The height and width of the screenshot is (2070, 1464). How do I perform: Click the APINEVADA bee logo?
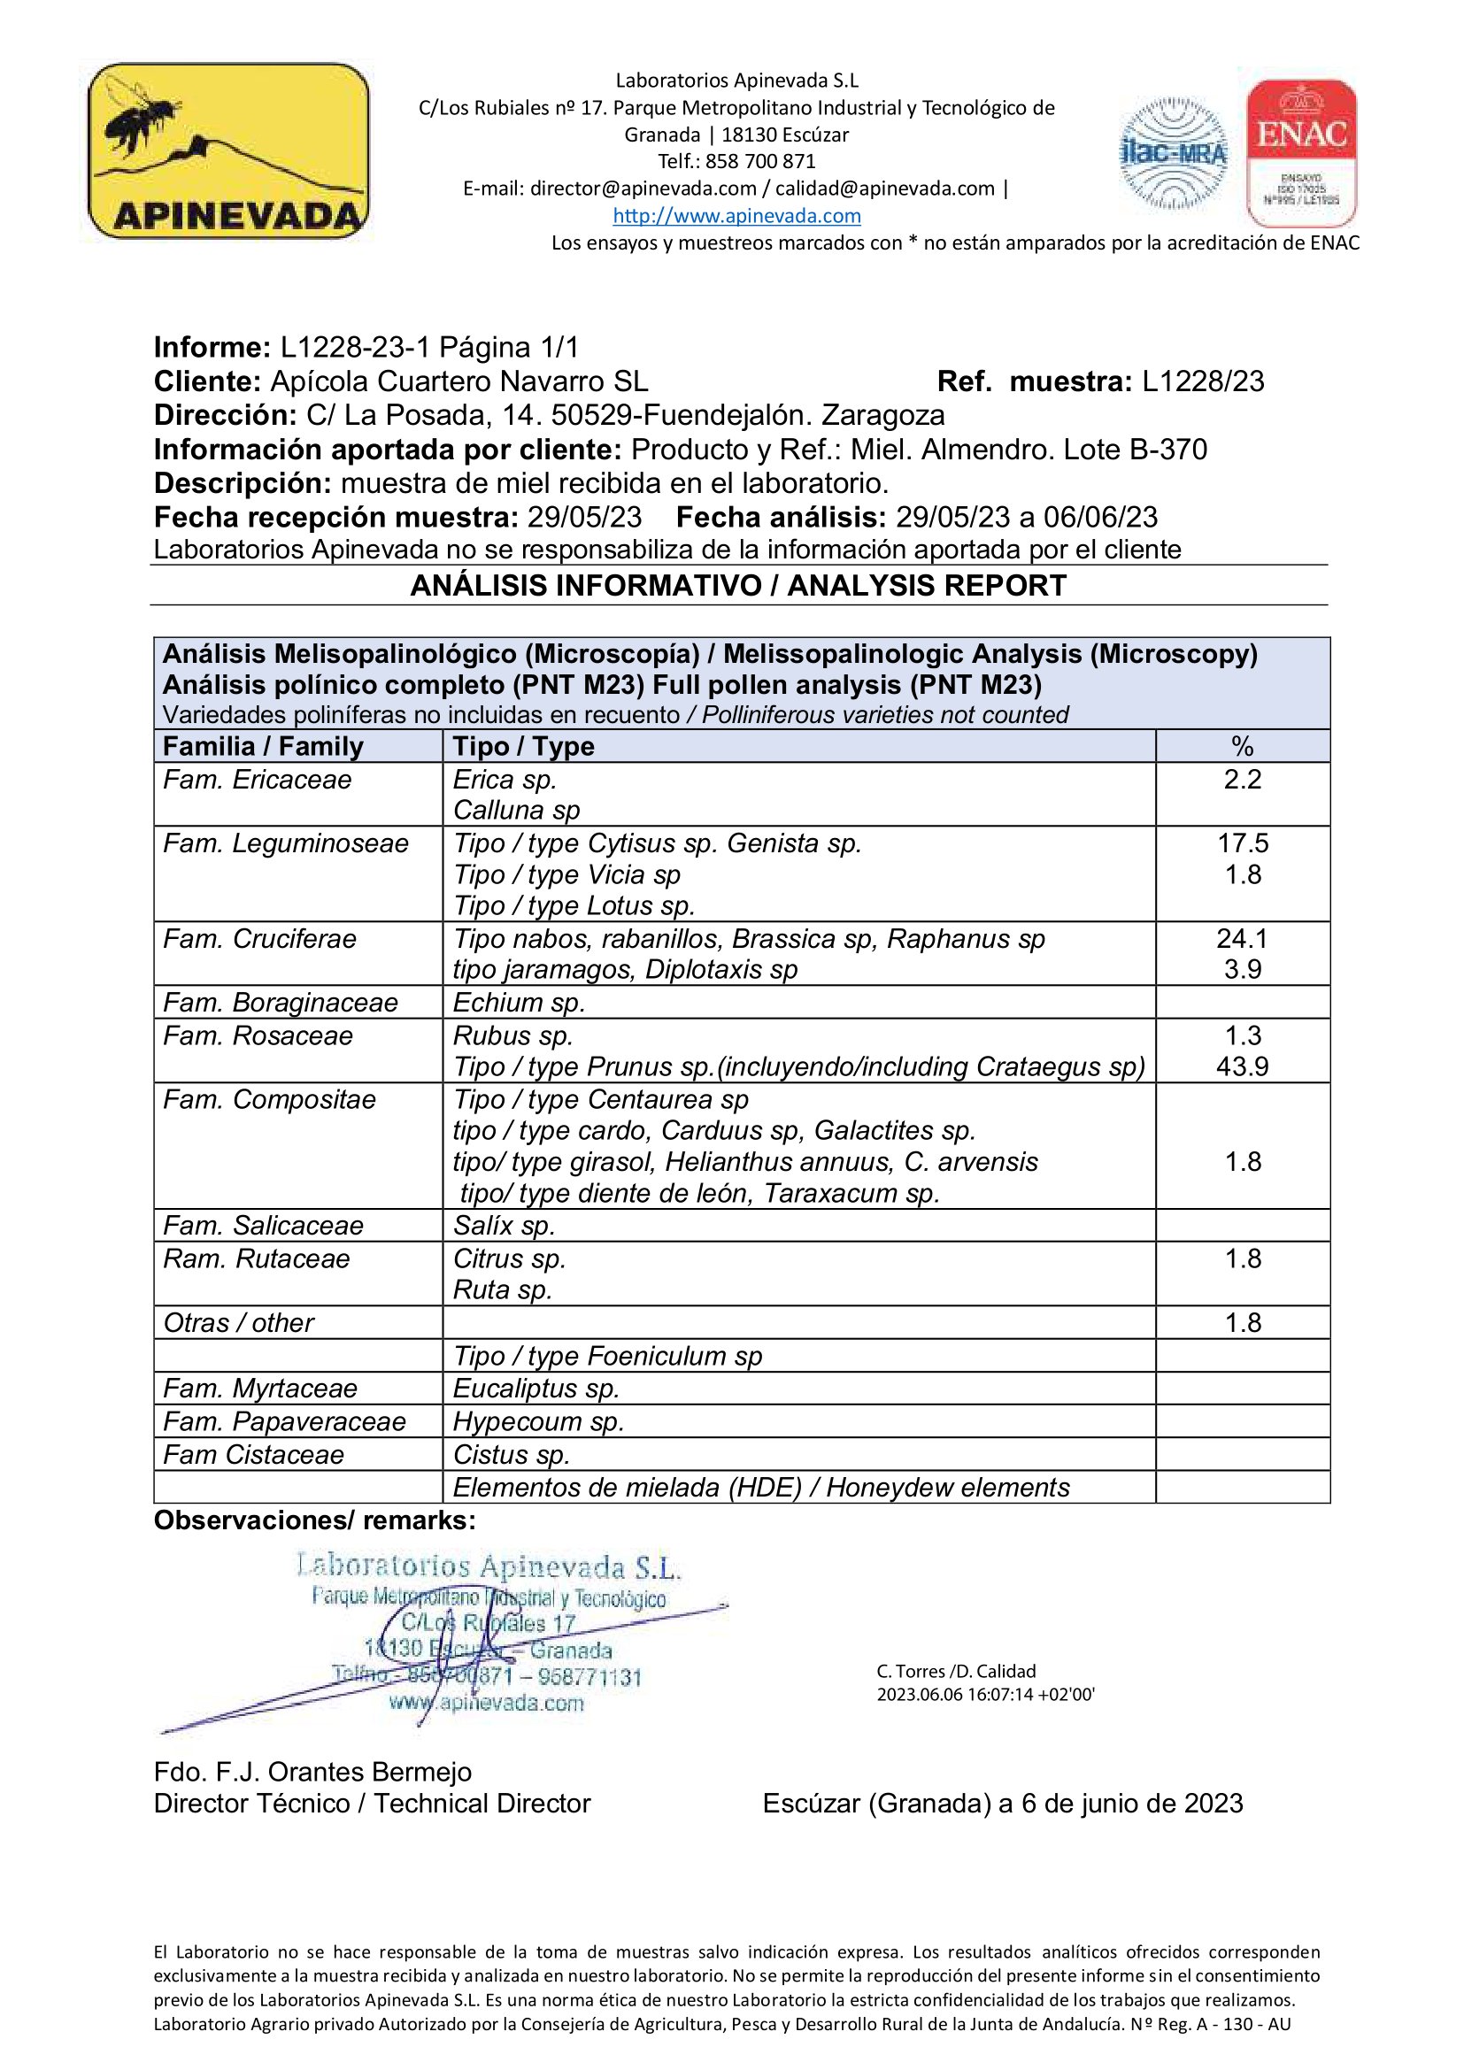click(228, 150)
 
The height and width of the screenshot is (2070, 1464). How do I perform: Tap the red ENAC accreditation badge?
click(1301, 152)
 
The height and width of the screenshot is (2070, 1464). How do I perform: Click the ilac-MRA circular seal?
click(1173, 154)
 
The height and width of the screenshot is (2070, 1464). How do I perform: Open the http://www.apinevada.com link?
click(736, 215)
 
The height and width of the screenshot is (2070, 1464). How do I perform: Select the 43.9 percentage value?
click(1242, 1066)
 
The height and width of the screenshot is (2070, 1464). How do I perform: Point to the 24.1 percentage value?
click(1242, 938)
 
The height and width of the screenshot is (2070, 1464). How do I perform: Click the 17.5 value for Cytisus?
click(1242, 843)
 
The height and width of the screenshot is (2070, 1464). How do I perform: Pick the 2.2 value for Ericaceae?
click(1242, 779)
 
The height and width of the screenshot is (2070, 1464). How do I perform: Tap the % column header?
click(1242, 747)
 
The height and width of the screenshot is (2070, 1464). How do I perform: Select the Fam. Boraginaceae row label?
click(280, 1003)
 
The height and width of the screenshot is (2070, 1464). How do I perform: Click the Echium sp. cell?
click(519, 1003)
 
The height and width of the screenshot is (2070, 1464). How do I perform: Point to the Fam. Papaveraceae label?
click(284, 1422)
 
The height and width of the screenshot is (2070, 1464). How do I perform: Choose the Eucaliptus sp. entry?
click(536, 1389)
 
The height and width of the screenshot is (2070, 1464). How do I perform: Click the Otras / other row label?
click(239, 1322)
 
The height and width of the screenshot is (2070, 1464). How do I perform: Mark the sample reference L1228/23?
click(1203, 381)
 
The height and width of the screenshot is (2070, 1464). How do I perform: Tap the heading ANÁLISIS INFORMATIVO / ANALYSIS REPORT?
click(738, 586)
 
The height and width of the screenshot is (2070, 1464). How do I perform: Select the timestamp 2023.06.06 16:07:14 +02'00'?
click(985, 1694)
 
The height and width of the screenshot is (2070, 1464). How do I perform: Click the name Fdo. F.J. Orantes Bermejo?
click(312, 1772)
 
